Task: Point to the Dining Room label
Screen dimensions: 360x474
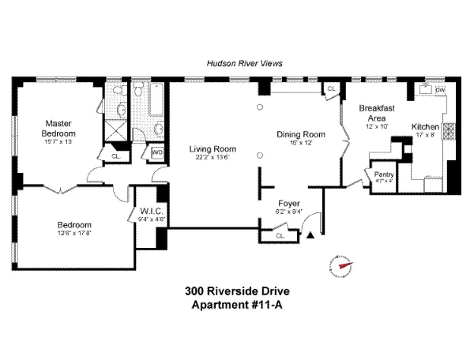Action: (301, 134)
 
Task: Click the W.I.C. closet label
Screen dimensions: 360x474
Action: (151, 211)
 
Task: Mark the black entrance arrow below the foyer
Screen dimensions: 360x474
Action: (311, 234)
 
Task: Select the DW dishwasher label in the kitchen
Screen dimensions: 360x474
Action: (439, 90)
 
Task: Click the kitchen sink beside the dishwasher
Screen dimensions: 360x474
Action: (421, 90)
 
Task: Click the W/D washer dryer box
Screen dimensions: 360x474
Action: (156, 152)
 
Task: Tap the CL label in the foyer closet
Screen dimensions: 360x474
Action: (280, 235)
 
